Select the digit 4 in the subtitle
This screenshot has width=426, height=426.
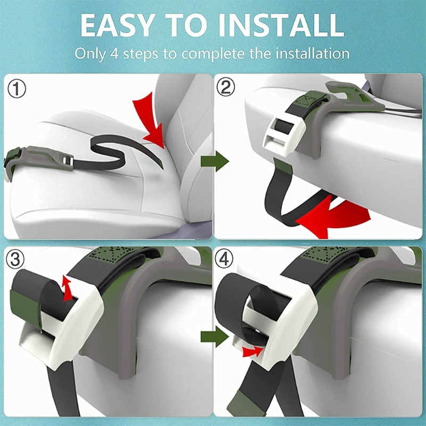pyautogui.click(x=114, y=53)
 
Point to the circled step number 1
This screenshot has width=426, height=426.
pyautogui.click(x=17, y=89)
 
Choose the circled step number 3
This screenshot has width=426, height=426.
pyautogui.click(x=15, y=259)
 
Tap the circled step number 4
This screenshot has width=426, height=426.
pyautogui.click(x=224, y=259)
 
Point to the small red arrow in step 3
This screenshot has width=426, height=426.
pyautogui.click(x=67, y=289)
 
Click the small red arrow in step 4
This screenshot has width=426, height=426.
pyautogui.click(x=252, y=351)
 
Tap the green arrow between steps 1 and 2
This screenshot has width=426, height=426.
pyautogui.click(x=215, y=162)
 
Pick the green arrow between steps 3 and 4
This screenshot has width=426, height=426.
pyautogui.click(x=215, y=337)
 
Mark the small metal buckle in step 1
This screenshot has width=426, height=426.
pyautogui.click(x=68, y=161)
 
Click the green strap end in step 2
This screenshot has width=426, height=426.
pyautogui.click(x=283, y=167)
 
